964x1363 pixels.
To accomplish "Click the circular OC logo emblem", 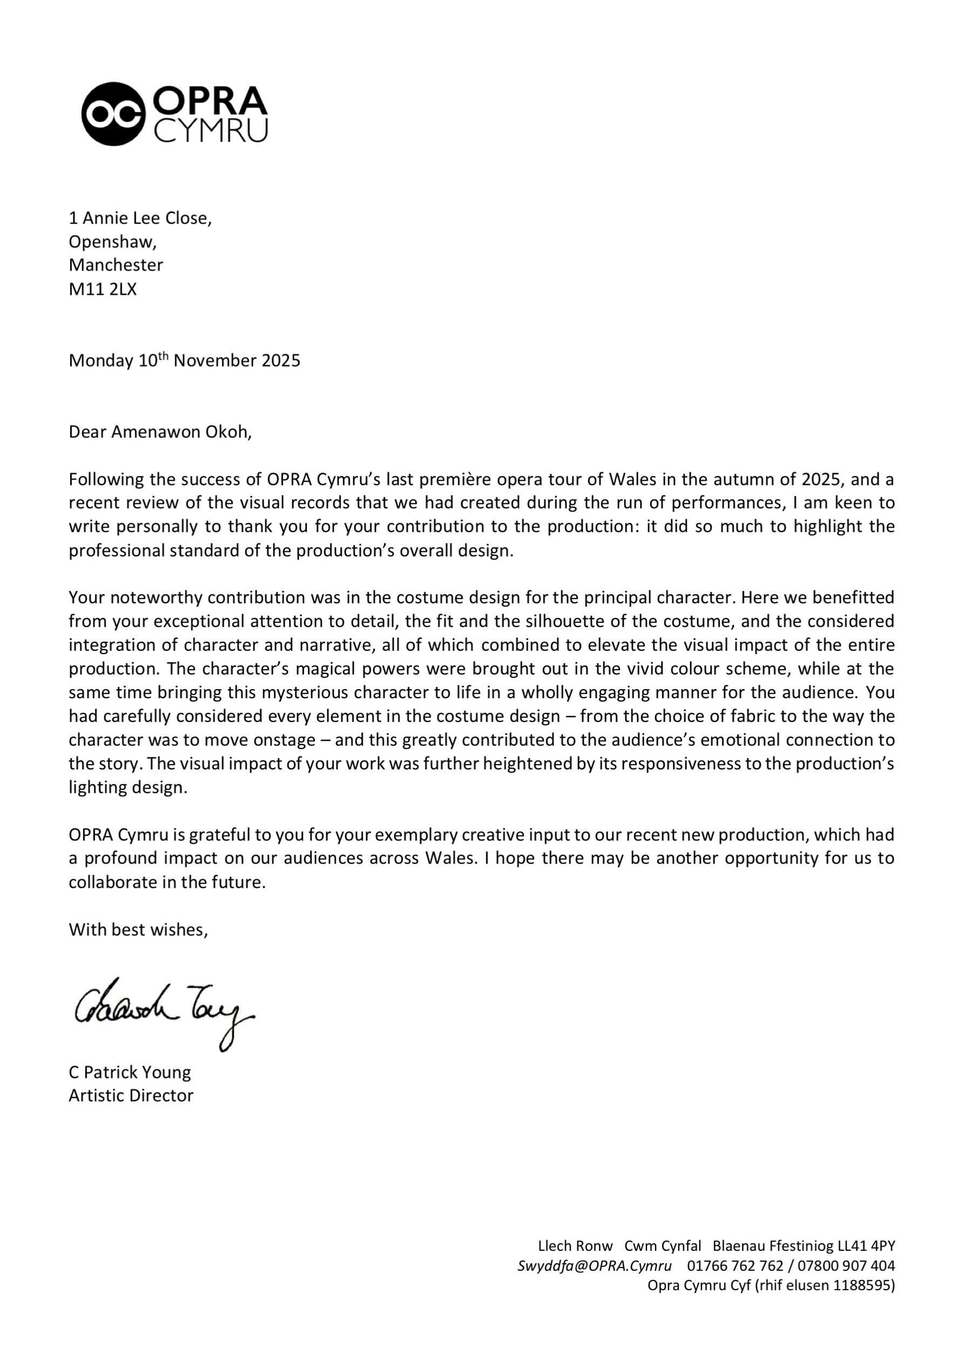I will tap(113, 114).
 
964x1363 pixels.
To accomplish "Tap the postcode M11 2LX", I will tap(102, 289).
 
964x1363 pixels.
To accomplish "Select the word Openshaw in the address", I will tap(112, 242).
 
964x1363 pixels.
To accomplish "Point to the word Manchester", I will tap(116, 265).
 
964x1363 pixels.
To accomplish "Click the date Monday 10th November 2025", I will tap(184, 360).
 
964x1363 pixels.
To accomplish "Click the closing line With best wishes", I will tap(139, 930).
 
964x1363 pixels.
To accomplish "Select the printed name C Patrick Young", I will tap(130, 1072).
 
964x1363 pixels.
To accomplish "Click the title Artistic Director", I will tap(131, 1095).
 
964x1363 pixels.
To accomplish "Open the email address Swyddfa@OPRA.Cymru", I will tap(594, 1265).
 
